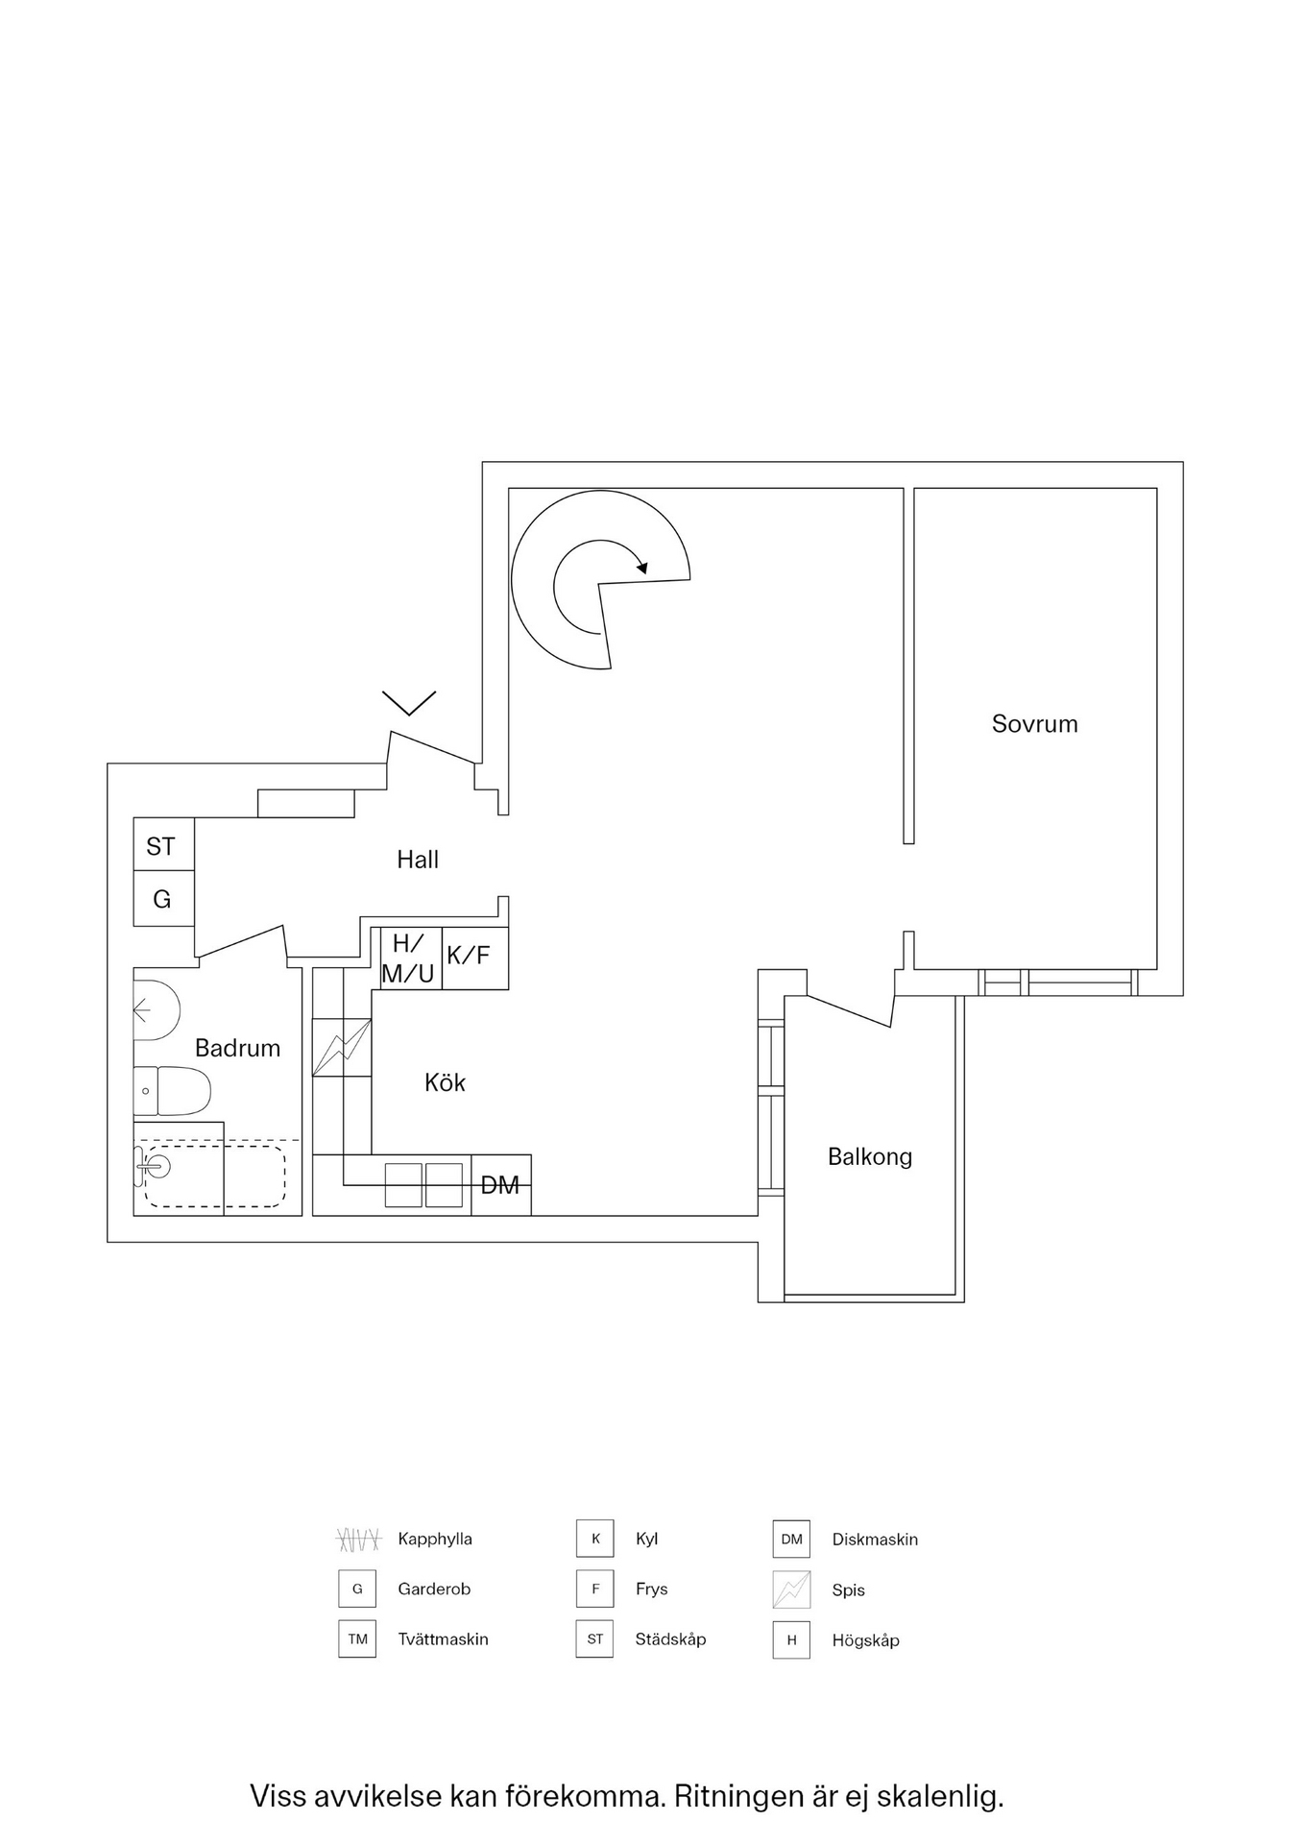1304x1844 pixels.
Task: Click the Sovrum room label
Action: pos(1034,724)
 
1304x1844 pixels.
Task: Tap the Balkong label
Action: pos(869,1156)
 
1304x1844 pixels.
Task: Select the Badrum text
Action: pos(237,1048)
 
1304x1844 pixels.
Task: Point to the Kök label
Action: pos(445,1083)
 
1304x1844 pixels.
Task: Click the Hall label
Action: pos(418,860)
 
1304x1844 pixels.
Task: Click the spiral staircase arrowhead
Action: pos(642,568)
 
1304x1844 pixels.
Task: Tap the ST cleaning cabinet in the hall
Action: pos(163,845)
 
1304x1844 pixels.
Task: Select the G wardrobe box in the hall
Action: pos(163,900)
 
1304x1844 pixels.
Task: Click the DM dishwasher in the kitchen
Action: pos(500,1185)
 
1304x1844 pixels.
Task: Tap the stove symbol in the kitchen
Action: pos(342,1047)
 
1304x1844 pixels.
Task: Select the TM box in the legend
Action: pos(357,1639)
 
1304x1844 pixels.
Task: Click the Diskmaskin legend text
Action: pos(875,1540)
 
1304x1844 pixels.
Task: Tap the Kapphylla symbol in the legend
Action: pos(357,1540)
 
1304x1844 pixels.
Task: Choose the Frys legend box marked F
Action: pos(595,1589)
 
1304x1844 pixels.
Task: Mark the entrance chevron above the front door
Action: pos(409,703)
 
